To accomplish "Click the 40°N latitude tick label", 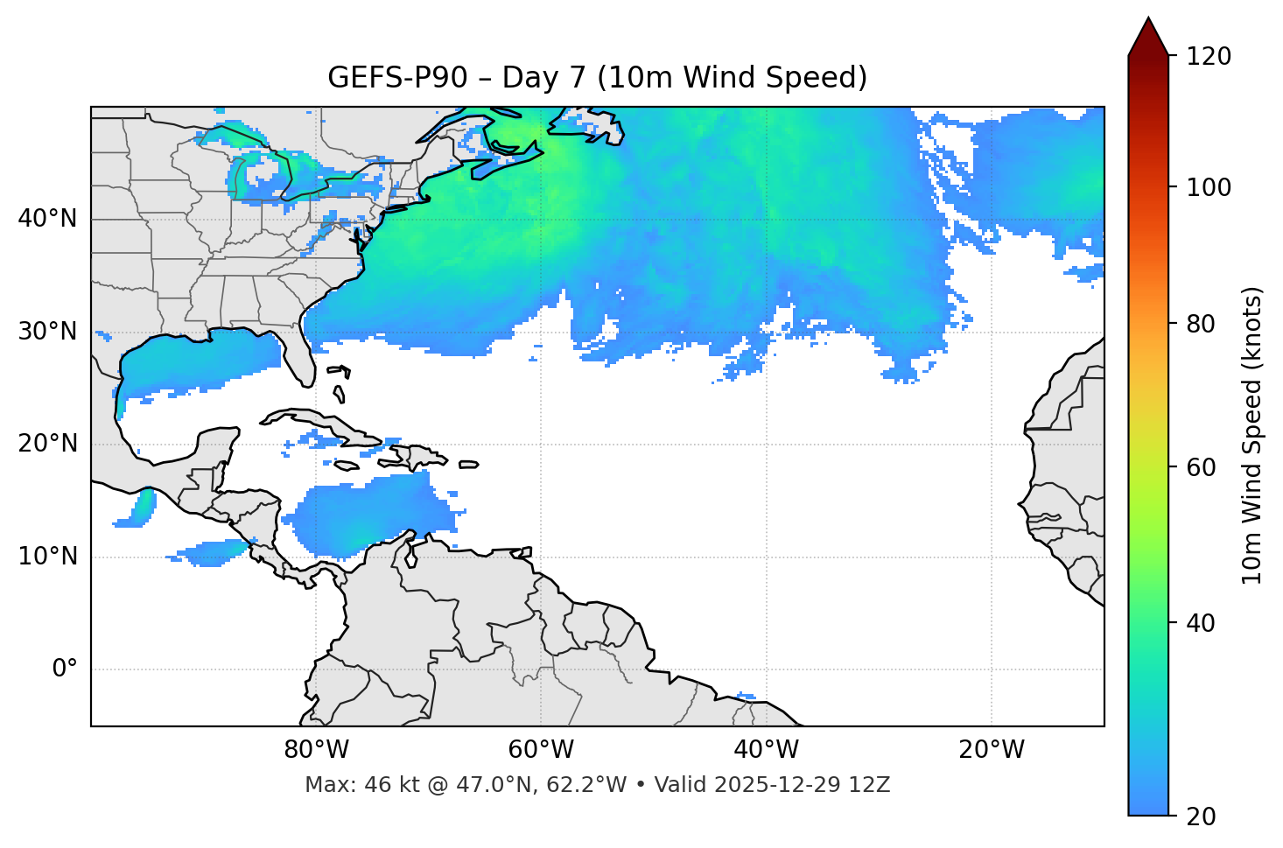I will click(47, 219).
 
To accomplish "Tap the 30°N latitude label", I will click(47, 332).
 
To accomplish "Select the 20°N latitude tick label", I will click(47, 444).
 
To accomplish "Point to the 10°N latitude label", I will click(47, 557).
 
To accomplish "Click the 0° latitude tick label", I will click(65, 669).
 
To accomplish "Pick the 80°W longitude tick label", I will click(316, 750).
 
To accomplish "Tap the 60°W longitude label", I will click(541, 750).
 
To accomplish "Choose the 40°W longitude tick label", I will click(767, 750).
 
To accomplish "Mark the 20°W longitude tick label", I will click(992, 750).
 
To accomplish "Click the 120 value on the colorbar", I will click(1209, 57).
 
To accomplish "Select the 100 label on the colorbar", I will click(1209, 187).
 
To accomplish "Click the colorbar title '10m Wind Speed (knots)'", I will click(1252, 435).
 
